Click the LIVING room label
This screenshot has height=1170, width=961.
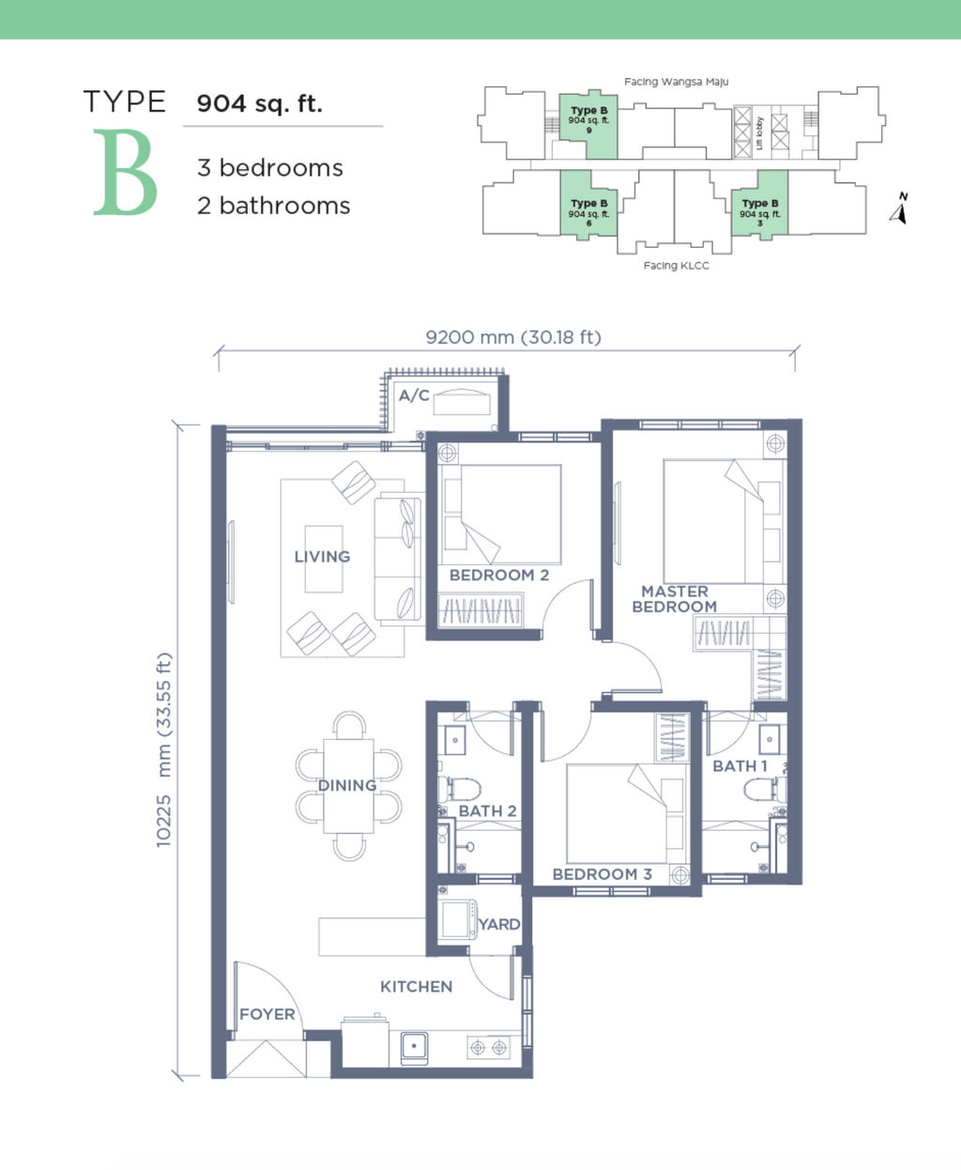point(322,557)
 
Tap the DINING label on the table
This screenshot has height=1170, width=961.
point(347,785)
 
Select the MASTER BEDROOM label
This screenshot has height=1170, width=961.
point(675,599)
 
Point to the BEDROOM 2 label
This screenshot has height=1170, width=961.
point(499,575)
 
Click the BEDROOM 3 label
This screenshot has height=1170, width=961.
point(603,874)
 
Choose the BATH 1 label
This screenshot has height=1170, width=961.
point(740,766)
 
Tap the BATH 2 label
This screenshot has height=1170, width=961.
point(487,811)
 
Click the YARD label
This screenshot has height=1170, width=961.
point(499,924)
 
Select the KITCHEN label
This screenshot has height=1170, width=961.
point(417,986)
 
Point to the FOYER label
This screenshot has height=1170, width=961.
point(267,1014)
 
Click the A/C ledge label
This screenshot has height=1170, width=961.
point(414,395)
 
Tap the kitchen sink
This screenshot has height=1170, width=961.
point(414,1048)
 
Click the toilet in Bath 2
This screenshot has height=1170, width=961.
point(459,789)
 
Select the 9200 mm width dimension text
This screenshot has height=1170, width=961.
point(513,337)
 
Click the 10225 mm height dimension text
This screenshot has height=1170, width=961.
point(164,749)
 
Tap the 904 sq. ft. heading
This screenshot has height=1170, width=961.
point(260,103)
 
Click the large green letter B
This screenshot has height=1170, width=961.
point(126,172)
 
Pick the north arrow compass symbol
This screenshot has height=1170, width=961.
point(899,209)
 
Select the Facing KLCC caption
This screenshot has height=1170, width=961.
point(676,266)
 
